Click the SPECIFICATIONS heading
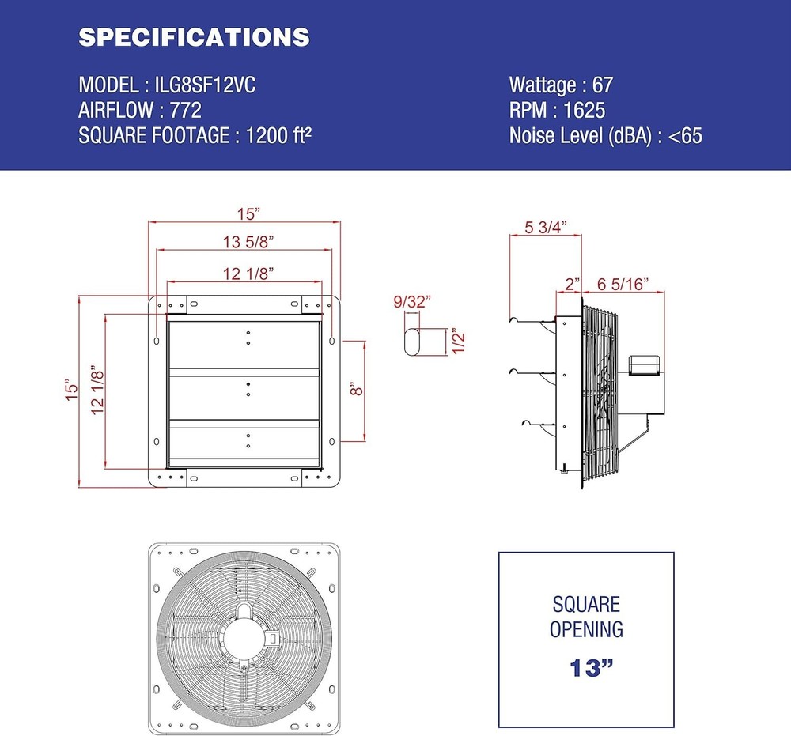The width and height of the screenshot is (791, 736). pyautogui.click(x=195, y=37)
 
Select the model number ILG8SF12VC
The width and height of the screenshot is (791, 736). pyautogui.click(x=206, y=85)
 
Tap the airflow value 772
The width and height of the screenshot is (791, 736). pyautogui.click(x=186, y=111)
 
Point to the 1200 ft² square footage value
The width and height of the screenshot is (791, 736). pyautogui.click(x=278, y=136)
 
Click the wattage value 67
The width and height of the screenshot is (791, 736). pyautogui.click(x=602, y=85)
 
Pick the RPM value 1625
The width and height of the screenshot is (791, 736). pyautogui.click(x=585, y=111)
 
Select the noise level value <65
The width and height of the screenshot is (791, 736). pyautogui.click(x=685, y=136)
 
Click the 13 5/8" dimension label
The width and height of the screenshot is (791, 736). pyautogui.click(x=248, y=242)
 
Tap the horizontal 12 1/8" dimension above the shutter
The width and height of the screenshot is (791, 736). pyautogui.click(x=248, y=274)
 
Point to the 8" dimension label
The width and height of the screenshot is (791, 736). pyautogui.click(x=356, y=389)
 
